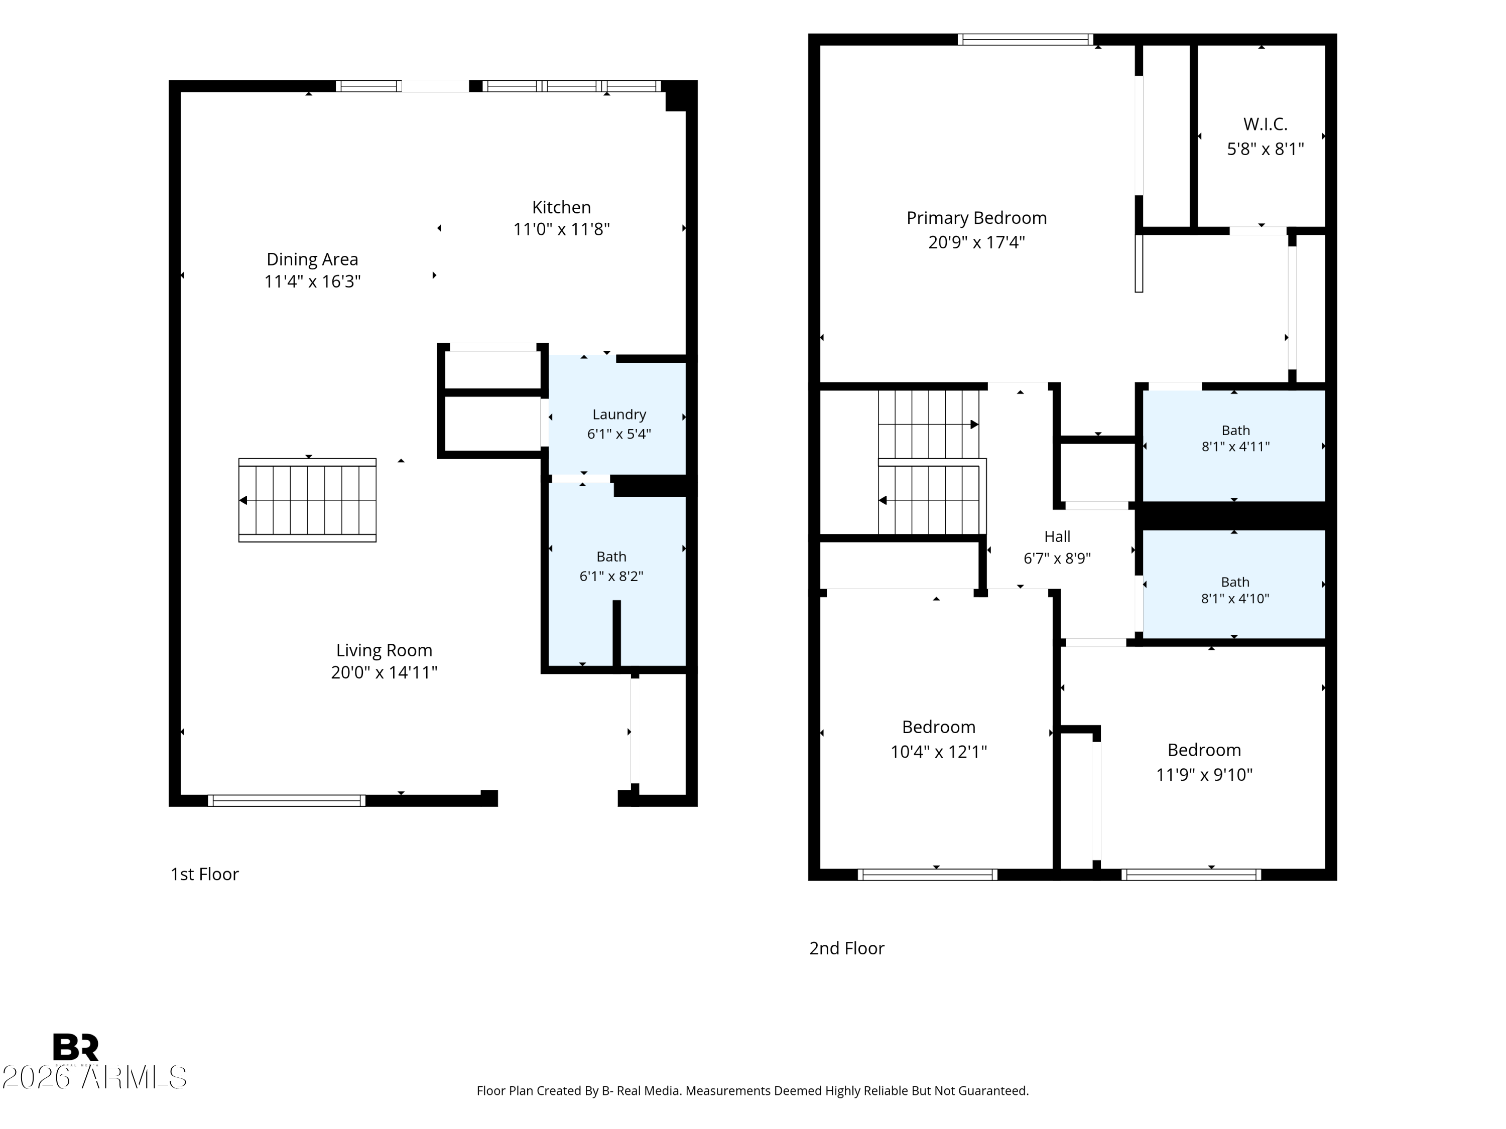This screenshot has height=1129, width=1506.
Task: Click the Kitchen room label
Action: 561,207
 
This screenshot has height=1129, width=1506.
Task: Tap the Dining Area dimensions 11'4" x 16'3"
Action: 313,281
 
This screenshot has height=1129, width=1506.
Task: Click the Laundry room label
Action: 619,414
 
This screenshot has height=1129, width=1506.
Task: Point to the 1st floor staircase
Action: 307,500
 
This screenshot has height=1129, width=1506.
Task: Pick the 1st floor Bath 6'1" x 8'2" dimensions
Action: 611,576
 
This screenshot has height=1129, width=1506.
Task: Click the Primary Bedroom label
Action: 976,218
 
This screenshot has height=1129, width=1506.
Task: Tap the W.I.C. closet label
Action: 1265,124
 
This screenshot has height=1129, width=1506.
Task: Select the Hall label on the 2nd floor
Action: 1057,536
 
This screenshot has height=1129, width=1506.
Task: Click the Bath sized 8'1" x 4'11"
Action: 1235,438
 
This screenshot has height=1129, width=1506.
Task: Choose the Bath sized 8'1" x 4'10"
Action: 1235,590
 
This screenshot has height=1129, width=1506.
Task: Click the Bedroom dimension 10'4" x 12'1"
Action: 939,751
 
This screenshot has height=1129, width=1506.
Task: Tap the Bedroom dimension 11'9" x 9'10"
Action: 1204,774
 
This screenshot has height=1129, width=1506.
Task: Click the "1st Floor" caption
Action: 204,874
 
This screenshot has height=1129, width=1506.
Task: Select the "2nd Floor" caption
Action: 846,948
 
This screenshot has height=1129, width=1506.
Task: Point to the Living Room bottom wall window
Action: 287,800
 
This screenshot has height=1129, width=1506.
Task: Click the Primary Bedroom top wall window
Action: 1025,40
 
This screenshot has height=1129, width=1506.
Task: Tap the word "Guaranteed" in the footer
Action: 992,1091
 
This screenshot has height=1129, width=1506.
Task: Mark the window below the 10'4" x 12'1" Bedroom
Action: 927,875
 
